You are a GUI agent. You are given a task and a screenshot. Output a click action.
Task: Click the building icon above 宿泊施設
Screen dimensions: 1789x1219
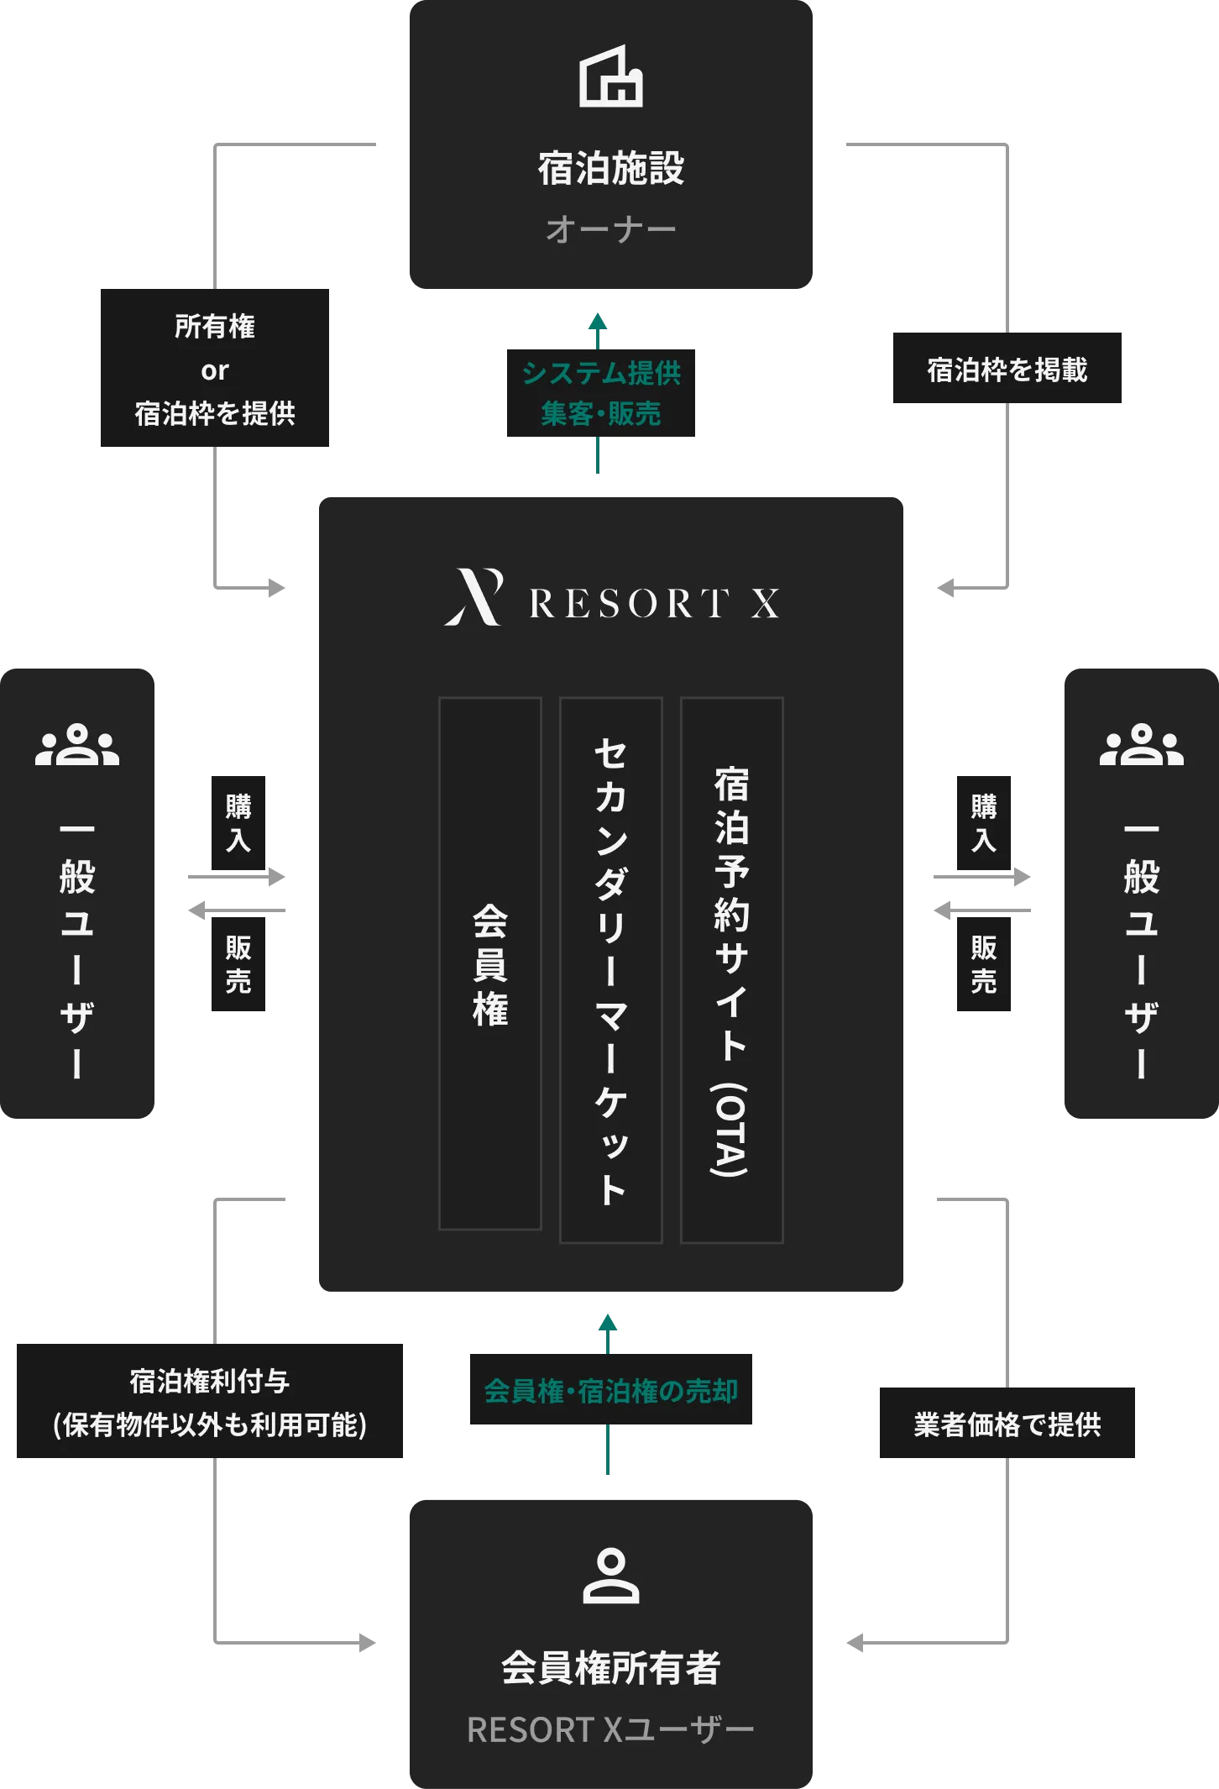(610, 76)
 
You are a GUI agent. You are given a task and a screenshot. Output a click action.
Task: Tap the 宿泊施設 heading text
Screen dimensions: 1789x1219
(610, 169)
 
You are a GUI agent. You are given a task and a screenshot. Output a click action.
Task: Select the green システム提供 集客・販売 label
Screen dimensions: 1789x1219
(600, 393)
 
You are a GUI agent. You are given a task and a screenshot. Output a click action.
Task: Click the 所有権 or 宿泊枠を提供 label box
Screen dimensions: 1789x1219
(215, 370)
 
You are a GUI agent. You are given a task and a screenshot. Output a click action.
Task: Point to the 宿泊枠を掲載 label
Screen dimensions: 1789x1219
(1007, 370)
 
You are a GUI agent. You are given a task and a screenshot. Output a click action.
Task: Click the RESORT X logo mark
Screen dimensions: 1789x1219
(474, 597)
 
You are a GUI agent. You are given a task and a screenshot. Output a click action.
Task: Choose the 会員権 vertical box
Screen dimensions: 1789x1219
(490, 963)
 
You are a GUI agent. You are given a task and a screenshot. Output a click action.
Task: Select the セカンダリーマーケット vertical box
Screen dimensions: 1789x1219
(611, 970)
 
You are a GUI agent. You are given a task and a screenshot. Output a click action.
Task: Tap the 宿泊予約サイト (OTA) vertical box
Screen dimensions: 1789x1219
(731, 970)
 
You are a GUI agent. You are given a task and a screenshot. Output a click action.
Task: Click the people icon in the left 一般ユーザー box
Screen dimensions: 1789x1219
(77, 744)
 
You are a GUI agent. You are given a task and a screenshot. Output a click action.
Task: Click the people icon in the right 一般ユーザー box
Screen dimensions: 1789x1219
(1141, 744)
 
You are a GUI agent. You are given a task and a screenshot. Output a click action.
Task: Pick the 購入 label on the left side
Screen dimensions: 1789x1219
(238, 823)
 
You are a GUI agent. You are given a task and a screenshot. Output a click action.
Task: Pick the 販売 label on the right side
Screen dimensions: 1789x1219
(984, 964)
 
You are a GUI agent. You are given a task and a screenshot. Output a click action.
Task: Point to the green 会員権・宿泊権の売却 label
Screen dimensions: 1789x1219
(610, 1391)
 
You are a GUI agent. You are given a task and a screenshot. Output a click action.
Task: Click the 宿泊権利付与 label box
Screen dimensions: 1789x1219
(208, 1403)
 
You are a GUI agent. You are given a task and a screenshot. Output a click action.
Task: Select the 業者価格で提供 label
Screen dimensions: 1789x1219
(1007, 1424)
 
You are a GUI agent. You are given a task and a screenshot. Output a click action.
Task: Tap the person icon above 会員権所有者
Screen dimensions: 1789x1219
(610, 1576)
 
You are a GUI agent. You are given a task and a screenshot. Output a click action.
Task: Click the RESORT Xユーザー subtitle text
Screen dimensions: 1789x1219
(610, 1730)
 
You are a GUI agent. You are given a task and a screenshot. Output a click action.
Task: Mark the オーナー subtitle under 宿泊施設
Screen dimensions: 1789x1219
(610, 229)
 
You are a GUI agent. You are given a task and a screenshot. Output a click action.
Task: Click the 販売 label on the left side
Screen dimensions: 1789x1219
(238, 964)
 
